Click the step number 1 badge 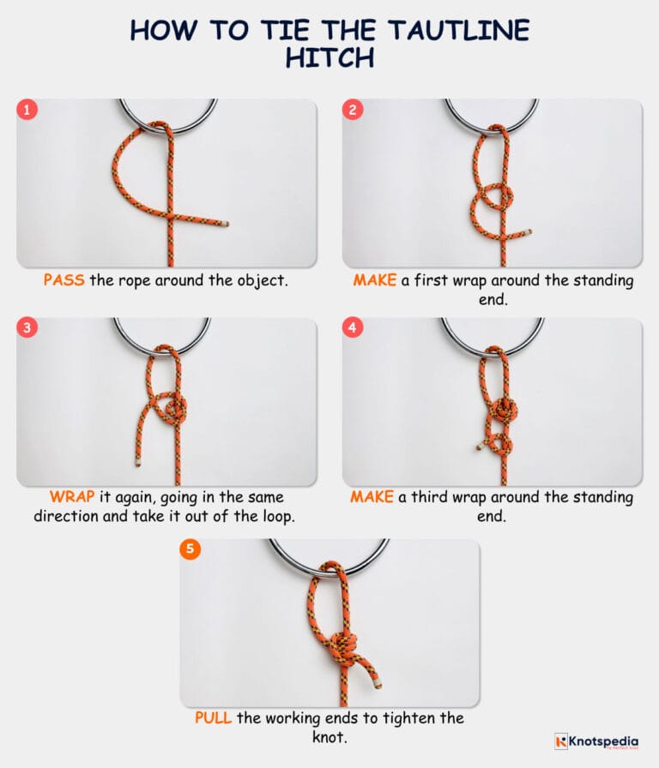27,110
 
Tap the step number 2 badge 354,110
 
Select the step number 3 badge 27,329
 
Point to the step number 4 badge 354,329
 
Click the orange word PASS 63,280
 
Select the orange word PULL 213,717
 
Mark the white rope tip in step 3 137,463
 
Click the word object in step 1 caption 263,280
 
